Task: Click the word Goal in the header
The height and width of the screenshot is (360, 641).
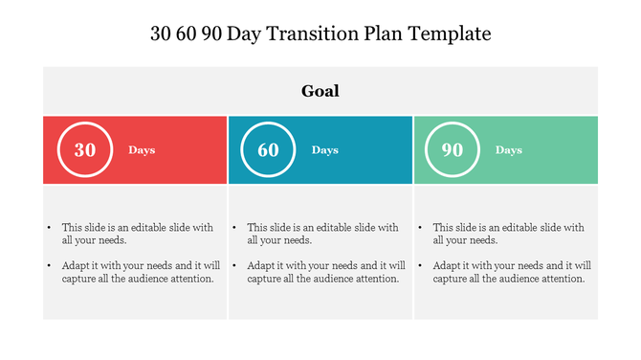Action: pos(320,92)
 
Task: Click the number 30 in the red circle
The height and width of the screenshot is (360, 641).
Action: pos(85,150)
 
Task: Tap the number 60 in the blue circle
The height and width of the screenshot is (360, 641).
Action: pos(269,150)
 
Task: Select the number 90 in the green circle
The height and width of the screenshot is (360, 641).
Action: pos(453,150)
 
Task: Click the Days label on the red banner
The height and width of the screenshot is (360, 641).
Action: pos(142,150)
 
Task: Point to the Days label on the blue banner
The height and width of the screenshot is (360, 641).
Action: pos(325,150)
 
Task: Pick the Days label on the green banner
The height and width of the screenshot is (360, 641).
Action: pos(509,150)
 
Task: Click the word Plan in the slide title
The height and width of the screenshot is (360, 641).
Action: pos(387,34)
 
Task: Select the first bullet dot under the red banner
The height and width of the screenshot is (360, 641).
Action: pos(50,229)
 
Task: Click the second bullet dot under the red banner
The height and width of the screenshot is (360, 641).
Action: pos(50,266)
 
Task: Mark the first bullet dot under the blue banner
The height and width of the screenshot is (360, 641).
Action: pos(235,229)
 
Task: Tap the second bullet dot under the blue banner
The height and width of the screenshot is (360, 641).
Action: pos(235,266)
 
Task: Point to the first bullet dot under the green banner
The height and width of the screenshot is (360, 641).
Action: pos(421,229)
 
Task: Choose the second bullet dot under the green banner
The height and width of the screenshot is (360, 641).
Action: pos(421,266)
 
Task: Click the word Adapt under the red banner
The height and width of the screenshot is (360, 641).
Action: pos(77,266)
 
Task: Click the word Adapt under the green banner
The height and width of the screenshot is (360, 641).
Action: pos(448,266)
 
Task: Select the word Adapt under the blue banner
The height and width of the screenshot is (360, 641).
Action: pos(262,266)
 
